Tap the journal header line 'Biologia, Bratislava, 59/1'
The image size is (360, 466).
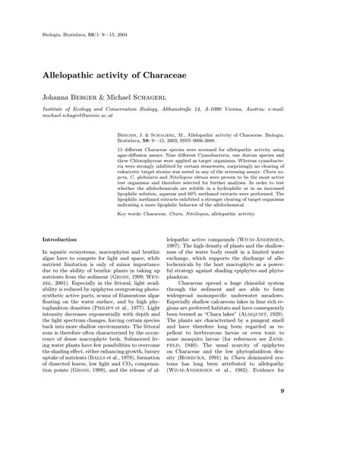[92, 36]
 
